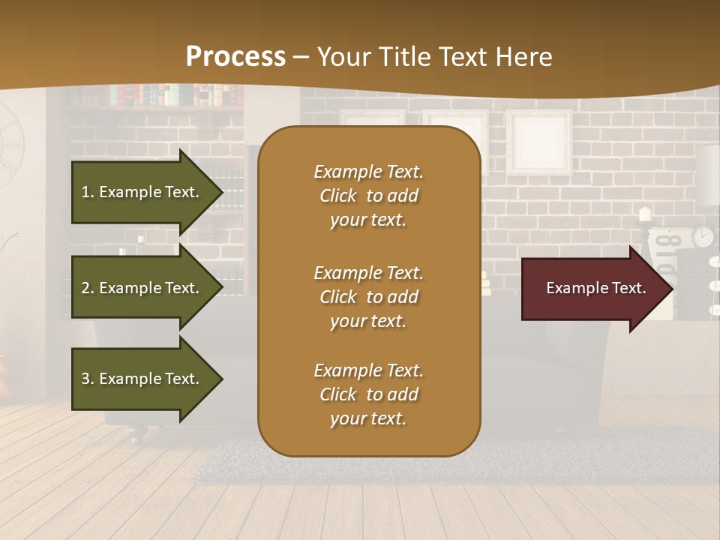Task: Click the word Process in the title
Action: pos(235,57)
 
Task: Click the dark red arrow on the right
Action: pos(592,288)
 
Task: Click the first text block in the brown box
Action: pos(368,196)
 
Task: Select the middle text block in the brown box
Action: pos(368,297)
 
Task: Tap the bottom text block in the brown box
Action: pos(368,394)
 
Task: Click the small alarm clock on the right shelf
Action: pos(702,236)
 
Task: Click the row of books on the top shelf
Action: pos(172,95)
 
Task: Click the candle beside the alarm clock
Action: pos(644,216)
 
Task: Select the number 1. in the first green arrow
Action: pos(87,192)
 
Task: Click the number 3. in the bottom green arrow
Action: pos(87,379)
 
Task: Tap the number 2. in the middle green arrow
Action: pos(87,288)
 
